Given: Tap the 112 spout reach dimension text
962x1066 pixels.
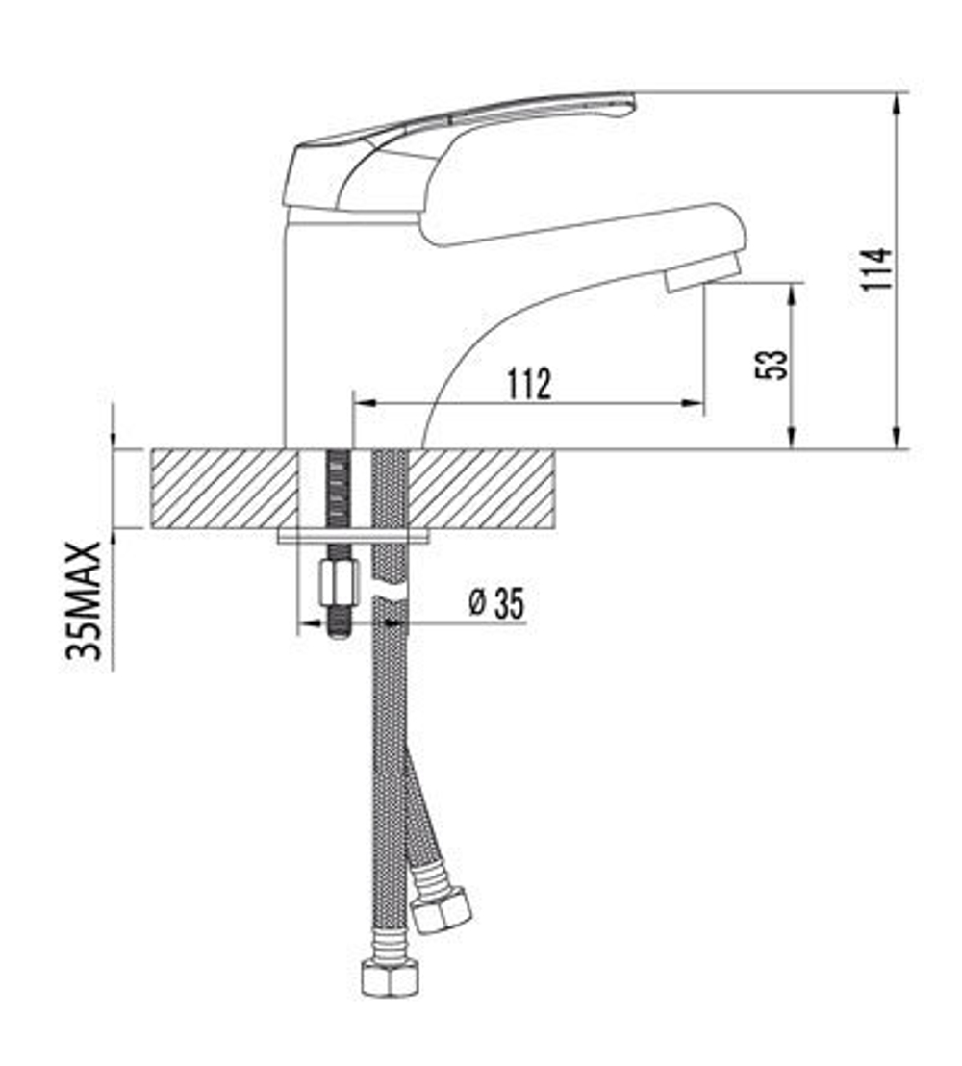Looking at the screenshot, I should point(529,384).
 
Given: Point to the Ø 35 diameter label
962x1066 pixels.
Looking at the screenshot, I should point(496,604).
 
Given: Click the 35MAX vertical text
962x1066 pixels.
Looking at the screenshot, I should point(85,600).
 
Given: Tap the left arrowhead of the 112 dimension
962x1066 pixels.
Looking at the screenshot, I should point(364,404).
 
